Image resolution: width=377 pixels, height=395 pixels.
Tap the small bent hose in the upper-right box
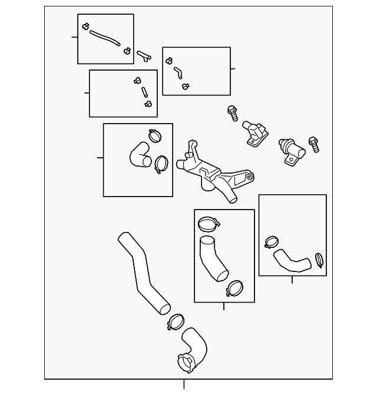click(177, 72)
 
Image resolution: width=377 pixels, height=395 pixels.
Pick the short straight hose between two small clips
click(143, 92)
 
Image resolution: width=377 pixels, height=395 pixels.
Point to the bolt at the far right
click(313, 144)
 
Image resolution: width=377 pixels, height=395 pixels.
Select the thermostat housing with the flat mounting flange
click(255, 134)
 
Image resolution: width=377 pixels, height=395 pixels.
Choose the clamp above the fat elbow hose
click(156, 136)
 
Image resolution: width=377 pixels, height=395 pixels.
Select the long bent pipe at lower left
click(143, 272)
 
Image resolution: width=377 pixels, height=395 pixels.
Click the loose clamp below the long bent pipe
click(176, 321)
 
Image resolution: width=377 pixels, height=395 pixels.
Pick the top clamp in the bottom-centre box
click(208, 224)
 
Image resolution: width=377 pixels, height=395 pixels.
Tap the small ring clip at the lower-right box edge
click(319, 258)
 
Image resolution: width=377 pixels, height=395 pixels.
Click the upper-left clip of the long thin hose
click(86, 26)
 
